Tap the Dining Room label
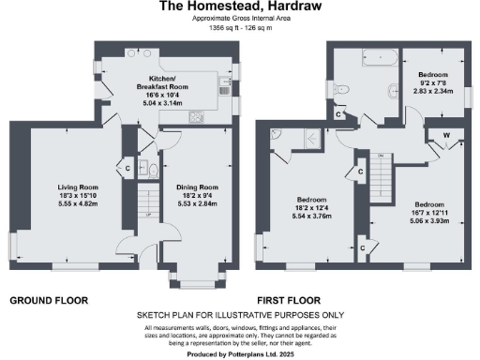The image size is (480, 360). [x=197, y=188]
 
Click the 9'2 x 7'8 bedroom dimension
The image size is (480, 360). [x=432, y=83]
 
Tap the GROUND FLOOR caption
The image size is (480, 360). [x=49, y=300]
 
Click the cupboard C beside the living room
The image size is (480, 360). [x=127, y=169]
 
